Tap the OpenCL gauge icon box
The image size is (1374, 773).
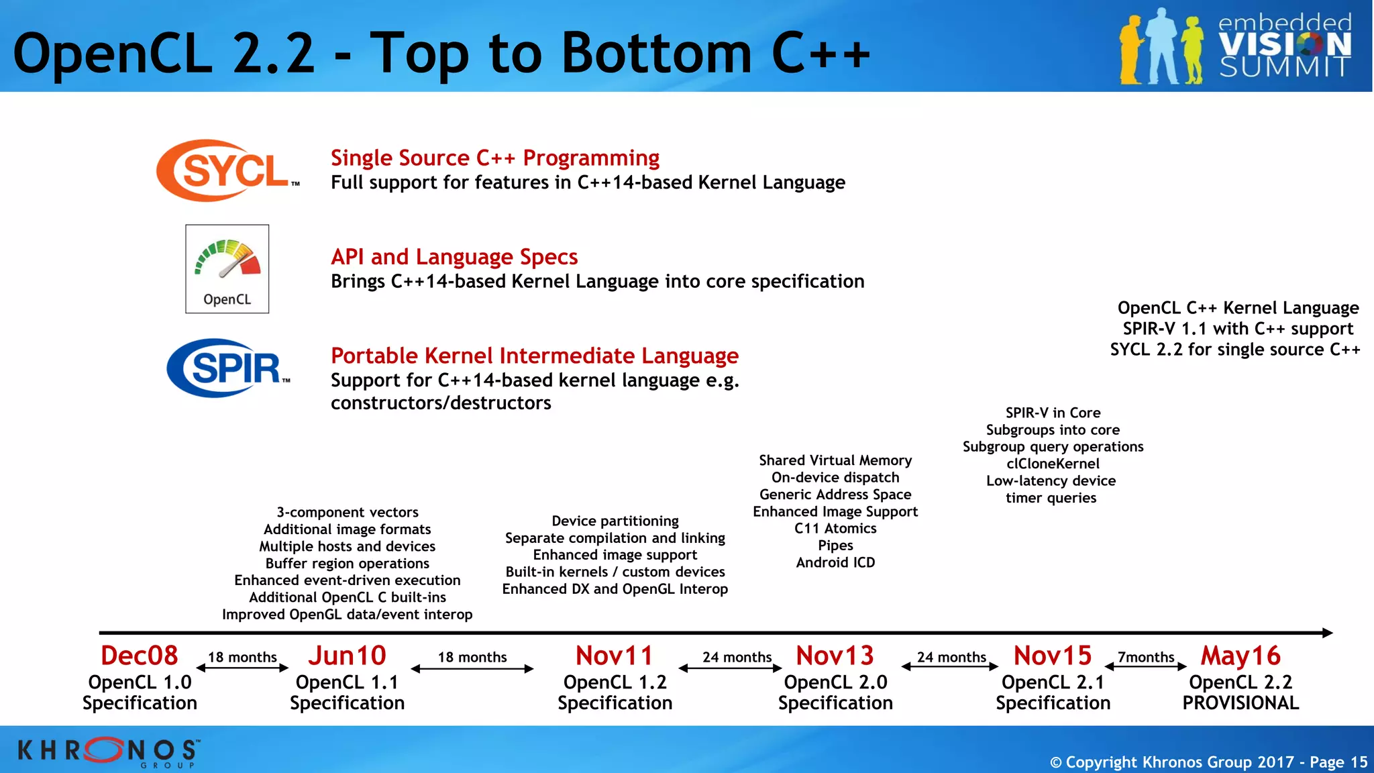[x=227, y=268]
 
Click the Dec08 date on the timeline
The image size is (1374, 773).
[x=140, y=656]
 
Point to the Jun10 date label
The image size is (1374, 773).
[x=347, y=656]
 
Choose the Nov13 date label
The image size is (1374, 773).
[x=835, y=656]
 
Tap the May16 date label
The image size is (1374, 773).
[x=1240, y=656]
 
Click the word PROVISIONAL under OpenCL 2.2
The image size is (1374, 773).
[x=1240, y=703]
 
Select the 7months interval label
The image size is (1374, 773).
[x=1146, y=657]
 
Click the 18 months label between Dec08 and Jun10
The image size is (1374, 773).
[x=242, y=657]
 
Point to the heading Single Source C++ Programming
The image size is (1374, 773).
[x=495, y=158]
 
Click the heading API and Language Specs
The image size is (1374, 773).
[x=454, y=257]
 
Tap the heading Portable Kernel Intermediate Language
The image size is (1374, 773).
[x=535, y=356]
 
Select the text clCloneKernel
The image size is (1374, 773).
[x=1053, y=464]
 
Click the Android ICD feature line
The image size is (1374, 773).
[x=835, y=562]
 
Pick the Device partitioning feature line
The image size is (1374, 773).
[x=615, y=521]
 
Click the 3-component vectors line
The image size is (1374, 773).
[x=348, y=512]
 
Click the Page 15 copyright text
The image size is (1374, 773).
[x=1208, y=762]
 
